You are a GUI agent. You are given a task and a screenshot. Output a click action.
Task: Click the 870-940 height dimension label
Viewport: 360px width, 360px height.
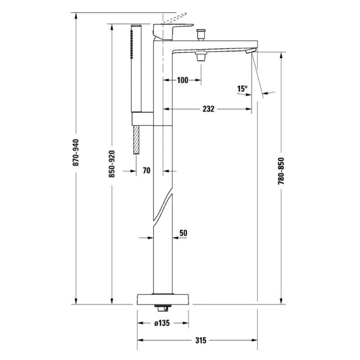[x=76, y=153]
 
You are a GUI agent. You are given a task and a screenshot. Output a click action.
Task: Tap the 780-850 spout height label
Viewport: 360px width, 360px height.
[x=281, y=171]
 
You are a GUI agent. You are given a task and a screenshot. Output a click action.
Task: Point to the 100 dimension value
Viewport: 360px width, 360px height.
[x=182, y=81]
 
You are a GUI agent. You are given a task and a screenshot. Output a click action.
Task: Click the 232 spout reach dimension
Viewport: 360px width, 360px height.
[x=208, y=109]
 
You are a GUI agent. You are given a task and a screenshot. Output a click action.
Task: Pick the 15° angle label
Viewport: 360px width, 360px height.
[x=243, y=89]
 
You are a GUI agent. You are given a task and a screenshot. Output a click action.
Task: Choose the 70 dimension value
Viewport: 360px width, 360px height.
[x=146, y=171]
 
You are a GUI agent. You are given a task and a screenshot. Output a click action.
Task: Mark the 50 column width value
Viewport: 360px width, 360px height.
[x=183, y=233]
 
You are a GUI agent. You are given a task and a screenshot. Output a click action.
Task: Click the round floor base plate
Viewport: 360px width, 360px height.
[x=163, y=299]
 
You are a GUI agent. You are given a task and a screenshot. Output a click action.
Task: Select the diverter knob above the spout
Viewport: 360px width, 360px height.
[x=201, y=34]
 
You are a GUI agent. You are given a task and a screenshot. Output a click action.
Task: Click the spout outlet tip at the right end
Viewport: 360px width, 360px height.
[x=250, y=51]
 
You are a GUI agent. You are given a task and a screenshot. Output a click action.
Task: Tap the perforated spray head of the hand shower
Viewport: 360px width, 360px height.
[x=132, y=43]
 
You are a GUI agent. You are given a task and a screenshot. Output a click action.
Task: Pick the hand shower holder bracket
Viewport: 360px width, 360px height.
[x=142, y=119]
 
